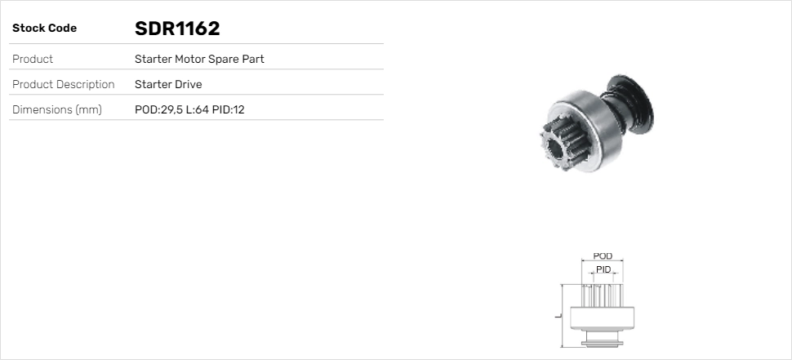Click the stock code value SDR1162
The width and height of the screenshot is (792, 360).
point(177,29)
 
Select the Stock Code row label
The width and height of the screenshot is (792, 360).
point(44,29)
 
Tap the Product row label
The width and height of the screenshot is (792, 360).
point(33,59)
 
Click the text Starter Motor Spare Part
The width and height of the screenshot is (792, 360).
point(199,59)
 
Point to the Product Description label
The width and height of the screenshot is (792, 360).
point(63,84)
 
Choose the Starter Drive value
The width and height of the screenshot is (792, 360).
point(168,84)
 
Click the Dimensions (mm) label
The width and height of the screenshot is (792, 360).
point(56,109)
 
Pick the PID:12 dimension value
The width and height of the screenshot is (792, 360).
point(229,109)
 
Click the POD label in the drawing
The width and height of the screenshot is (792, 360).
point(603,256)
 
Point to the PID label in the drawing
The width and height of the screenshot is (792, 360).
point(603,269)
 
